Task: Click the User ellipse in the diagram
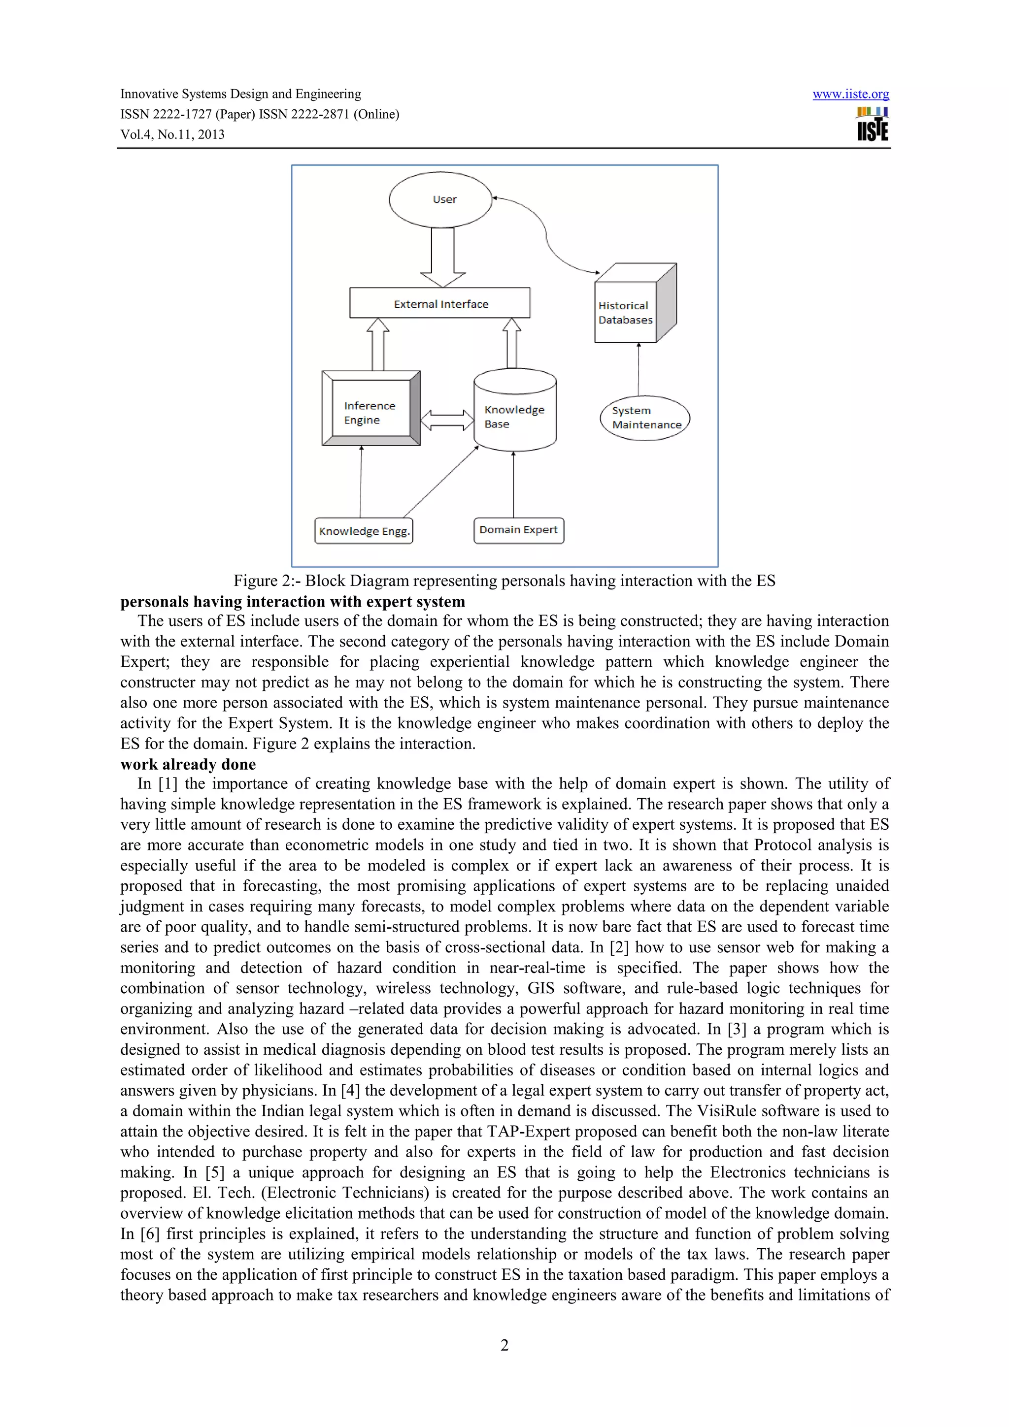(440, 199)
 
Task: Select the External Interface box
(439, 303)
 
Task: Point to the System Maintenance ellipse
(645, 418)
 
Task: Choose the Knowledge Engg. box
(364, 531)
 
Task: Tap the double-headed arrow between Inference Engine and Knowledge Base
(447, 420)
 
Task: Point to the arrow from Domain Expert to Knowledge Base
(513, 485)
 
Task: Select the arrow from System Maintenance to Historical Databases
(639, 369)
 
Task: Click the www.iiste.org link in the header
(850, 95)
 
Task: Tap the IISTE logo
(872, 124)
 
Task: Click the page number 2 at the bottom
(504, 1345)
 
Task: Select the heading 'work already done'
(188, 764)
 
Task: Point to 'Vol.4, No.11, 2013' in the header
(172, 134)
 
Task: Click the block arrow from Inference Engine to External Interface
(378, 345)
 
